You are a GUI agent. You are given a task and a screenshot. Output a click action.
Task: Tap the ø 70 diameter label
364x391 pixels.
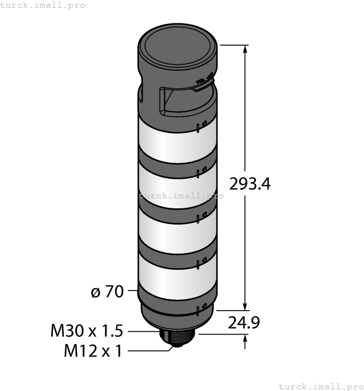point(107,291)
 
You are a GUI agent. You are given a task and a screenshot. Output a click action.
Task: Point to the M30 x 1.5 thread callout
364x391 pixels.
point(86,331)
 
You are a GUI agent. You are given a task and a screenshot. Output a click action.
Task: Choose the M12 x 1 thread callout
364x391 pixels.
point(93,351)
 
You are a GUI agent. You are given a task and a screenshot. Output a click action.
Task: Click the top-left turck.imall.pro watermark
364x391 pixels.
point(43,5)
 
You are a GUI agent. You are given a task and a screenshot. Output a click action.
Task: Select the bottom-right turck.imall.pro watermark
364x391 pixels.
point(320,386)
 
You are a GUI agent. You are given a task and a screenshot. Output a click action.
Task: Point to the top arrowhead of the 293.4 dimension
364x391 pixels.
point(244,50)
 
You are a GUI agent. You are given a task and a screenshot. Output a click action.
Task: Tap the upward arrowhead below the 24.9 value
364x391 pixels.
point(244,340)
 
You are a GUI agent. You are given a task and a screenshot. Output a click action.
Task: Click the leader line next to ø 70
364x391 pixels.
point(132,291)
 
